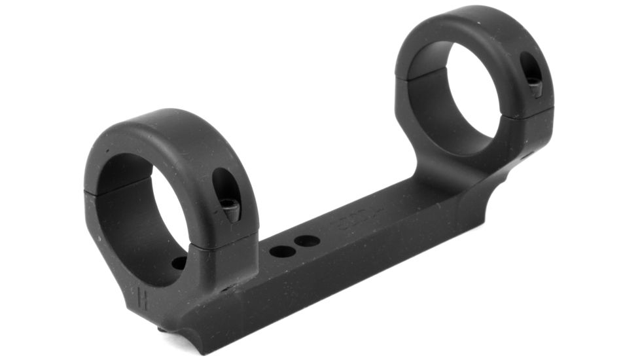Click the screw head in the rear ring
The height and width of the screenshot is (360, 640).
tap(535, 85)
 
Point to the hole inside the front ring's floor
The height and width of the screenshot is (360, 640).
tap(179, 263)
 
